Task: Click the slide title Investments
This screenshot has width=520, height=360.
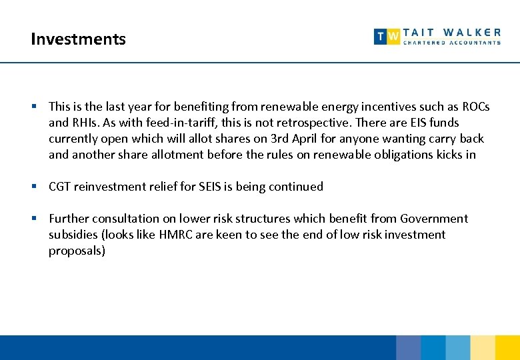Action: coord(78,39)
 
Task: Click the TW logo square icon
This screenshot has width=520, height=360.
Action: coord(387,36)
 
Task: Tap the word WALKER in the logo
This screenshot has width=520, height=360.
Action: coord(472,32)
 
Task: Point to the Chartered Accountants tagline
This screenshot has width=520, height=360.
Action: coord(451,43)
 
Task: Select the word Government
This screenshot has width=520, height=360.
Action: coord(434,219)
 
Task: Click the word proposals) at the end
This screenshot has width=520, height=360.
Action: coord(77,251)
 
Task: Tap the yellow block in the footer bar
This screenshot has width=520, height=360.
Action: coord(507,348)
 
